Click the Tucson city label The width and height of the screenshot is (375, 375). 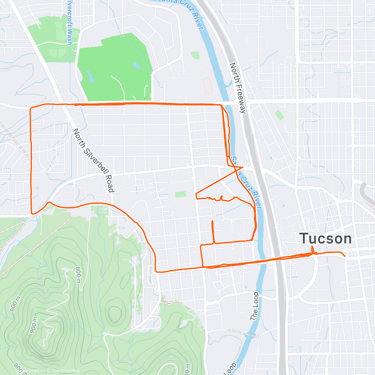[x=326, y=239]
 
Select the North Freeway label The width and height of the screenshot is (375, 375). [x=238, y=88]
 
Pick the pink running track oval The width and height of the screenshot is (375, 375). [x=207, y=85]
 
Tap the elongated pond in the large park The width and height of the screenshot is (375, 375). [x=90, y=77]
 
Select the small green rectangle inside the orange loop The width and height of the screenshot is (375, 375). [x=180, y=194]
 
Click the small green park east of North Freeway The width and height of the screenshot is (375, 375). [x=279, y=115]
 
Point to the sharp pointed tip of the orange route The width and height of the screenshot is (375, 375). [x=243, y=167]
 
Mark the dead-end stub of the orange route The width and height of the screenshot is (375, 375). [x=212, y=222]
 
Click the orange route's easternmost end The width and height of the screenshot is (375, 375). [x=345, y=256]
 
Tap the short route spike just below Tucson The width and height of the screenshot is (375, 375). [x=312, y=249]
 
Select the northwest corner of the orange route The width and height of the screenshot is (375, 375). [x=30, y=108]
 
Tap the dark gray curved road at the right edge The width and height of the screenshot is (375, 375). [x=364, y=191]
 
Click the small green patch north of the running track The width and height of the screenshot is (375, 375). [x=195, y=55]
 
